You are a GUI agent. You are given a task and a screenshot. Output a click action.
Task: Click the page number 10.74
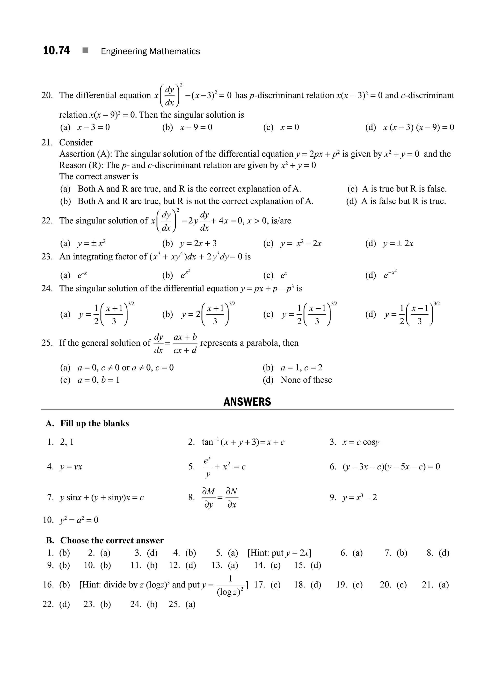56,50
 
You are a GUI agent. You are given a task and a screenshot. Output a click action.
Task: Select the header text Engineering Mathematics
150,51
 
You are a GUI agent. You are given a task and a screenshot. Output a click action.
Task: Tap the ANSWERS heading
247,402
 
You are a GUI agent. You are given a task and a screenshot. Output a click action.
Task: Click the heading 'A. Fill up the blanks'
87,423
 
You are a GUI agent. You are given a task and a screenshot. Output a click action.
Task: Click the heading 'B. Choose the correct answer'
105,540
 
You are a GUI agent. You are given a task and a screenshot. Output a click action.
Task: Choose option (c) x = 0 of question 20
281,127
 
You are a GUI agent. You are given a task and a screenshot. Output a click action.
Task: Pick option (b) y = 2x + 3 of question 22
189,243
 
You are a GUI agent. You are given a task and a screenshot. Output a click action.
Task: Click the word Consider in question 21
76,143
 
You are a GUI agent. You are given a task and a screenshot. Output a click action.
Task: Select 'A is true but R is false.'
397,189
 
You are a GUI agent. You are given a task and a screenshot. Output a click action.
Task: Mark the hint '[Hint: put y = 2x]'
279,553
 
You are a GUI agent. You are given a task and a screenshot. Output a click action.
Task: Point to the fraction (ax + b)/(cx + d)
185,343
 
